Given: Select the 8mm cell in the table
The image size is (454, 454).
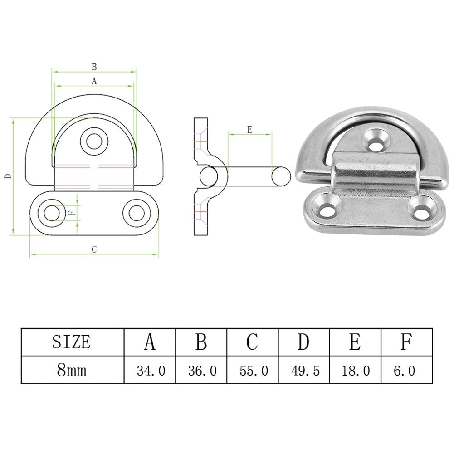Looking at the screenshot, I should click(72, 370).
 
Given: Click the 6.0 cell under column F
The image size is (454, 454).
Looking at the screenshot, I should click(405, 371).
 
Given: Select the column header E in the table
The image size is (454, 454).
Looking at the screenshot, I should click(355, 342).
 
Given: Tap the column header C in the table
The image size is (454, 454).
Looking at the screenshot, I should click(252, 342).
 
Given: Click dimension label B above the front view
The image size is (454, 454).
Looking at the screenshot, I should click(94, 67).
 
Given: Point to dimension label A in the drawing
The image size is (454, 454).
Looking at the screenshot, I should click(94, 81).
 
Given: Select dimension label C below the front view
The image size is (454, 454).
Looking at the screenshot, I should click(94, 249).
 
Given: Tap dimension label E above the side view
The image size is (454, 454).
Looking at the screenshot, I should click(250, 130).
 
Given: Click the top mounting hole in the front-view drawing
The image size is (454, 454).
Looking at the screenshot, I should click(94, 141).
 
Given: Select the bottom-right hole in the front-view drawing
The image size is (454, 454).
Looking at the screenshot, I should click(137, 213).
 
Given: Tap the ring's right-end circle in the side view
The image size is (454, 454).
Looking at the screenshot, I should click(281, 176).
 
